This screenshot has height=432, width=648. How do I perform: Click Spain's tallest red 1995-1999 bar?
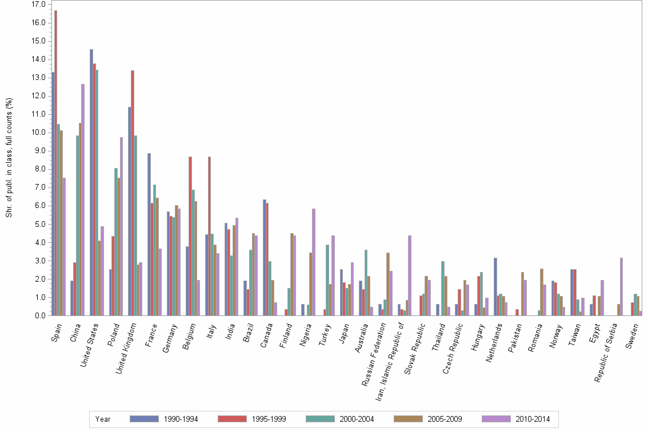55,163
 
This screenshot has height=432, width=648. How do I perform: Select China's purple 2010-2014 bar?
83,200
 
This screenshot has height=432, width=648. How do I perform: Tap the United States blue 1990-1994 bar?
91,182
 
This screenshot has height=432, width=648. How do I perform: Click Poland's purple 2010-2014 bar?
121,226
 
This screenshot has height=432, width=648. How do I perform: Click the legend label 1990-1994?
181,419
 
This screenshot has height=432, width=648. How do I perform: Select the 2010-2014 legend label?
533,419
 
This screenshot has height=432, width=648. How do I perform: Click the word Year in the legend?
103,419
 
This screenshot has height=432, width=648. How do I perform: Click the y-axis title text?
9,158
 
